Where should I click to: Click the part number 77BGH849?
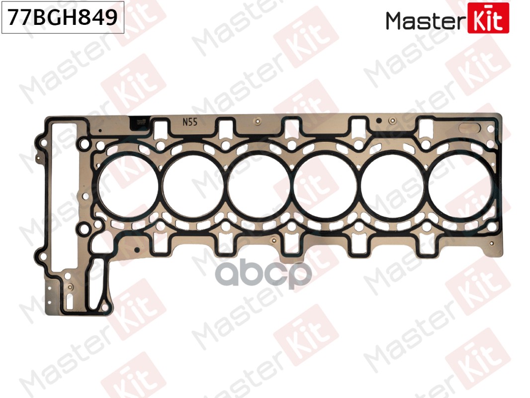[x=62, y=18]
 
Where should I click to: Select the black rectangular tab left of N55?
[x=139, y=123]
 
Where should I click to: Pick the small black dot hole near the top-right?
[x=378, y=120]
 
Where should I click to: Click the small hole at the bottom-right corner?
[x=491, y=244]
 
